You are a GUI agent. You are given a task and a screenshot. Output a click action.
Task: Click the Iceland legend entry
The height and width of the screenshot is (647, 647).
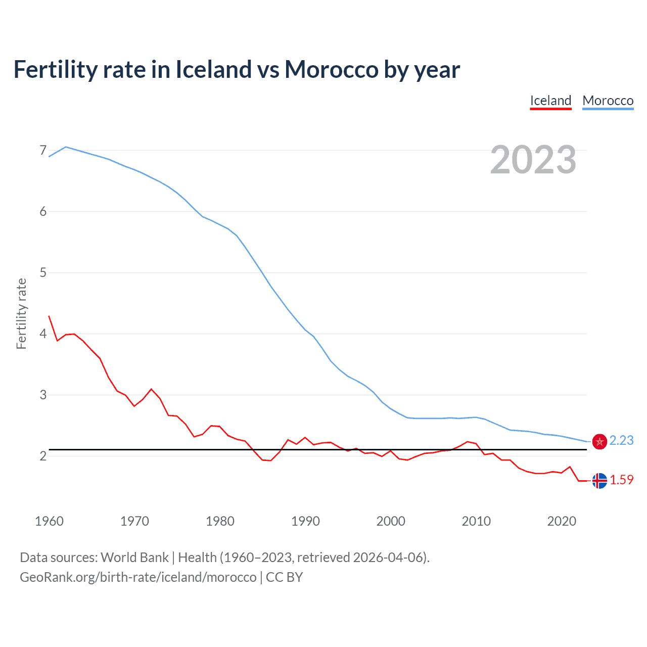[x=550, y=101]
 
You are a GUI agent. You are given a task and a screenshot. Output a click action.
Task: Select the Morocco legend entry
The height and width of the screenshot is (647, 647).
[x=608, y=101]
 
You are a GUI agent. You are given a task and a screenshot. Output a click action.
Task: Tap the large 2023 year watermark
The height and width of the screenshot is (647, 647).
[x=533, y=160]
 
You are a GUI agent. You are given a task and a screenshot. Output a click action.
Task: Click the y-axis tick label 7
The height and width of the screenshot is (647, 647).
[x=43, y=150]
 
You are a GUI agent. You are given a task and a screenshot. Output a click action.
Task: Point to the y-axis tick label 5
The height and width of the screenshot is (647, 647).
[x=43, y=272]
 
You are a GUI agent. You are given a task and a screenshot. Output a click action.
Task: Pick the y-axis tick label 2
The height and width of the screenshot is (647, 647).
[x=43, y=456]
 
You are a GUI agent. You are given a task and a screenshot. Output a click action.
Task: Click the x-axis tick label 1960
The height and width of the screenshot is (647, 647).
[x=49, y=521]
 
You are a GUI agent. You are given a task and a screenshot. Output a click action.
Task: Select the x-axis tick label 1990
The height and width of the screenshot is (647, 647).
[x=305, y=521]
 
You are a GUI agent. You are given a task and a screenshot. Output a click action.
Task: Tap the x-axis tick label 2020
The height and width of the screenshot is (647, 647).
[x=562, y=521]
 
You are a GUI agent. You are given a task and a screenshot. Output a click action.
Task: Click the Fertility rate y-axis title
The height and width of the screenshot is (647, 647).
[x=21, y=313]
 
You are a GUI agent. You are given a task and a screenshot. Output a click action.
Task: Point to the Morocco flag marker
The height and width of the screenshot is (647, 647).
[x=599, y=441]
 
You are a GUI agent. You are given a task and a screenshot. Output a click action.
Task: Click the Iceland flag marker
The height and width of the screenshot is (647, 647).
[x=599, y=481]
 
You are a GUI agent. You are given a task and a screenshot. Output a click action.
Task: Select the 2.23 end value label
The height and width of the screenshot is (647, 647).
[x=621, y=440]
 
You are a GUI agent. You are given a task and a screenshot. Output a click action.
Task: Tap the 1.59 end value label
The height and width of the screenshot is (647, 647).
[x=621, y=480]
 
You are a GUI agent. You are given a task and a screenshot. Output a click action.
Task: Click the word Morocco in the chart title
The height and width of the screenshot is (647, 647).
[x=331, y=69]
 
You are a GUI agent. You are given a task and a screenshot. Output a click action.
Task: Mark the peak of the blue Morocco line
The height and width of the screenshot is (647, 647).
[x=66, y=147]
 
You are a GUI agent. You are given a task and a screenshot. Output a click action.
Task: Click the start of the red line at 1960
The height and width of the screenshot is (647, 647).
[x=49, y=316]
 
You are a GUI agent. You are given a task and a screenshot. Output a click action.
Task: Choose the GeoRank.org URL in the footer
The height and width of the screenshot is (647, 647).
[x=138, y=577]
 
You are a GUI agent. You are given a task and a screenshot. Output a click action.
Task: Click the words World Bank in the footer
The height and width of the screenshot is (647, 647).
[x=134, y=558]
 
